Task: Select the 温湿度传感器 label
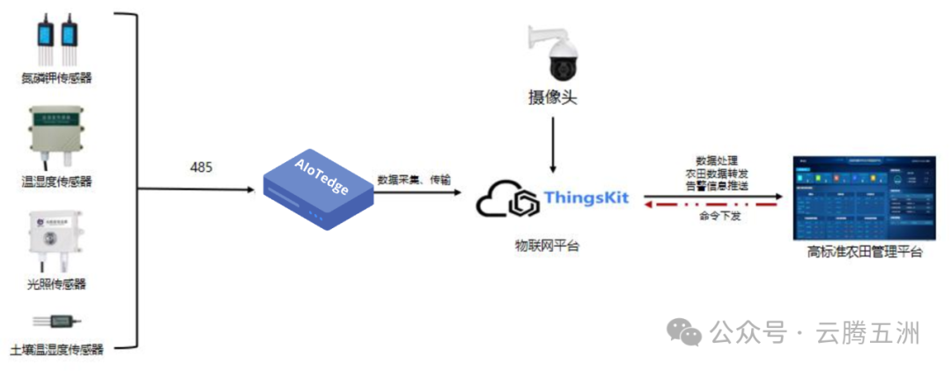tap(56, 182)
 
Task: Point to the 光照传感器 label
tap(56, 284)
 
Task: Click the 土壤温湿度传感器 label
tap(56, 350)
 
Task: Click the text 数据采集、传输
tap(414, 179)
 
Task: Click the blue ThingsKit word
tap(586, 197)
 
